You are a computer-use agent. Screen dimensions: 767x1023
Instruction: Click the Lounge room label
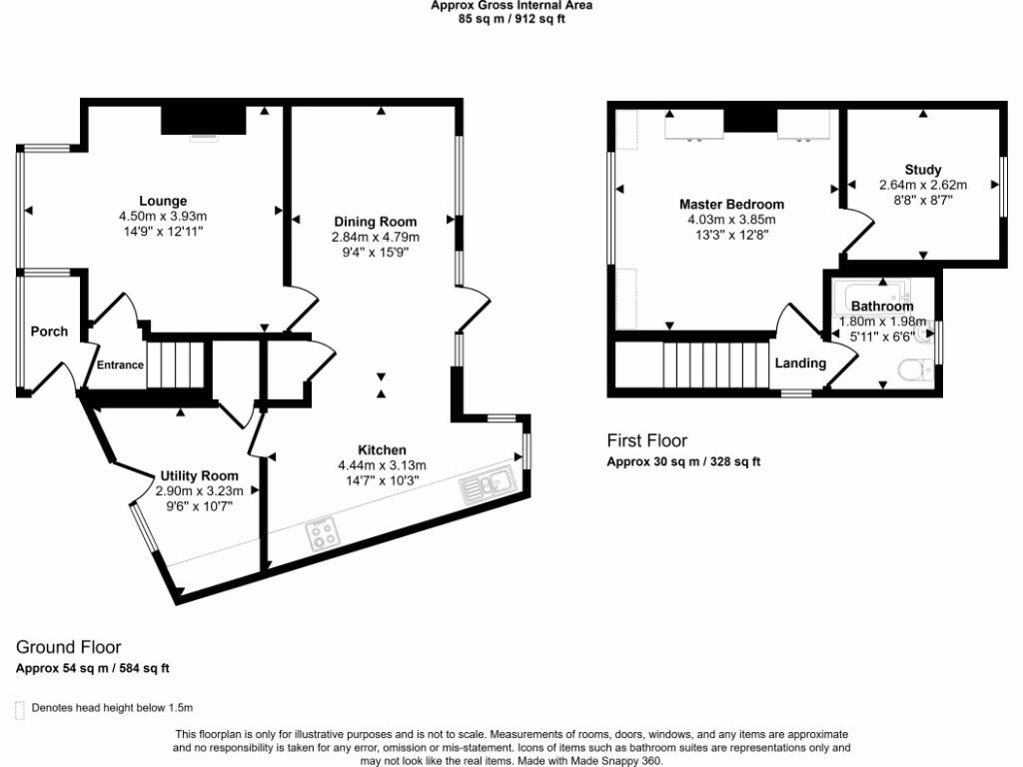[x=162, y=201]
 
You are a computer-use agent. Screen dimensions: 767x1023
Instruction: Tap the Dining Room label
[x=375, y=221]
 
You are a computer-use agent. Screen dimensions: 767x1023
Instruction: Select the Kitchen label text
[x=382, y=450]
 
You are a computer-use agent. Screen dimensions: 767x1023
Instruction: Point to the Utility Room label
[x=199, y=475]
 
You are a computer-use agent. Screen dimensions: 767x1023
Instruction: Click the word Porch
[x=49, y=332]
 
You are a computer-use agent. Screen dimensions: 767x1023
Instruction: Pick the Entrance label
[x=120, y=365]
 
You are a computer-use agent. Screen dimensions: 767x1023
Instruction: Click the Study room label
[x=923, y=170]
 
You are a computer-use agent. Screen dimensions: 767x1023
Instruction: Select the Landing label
[x=800, y=363]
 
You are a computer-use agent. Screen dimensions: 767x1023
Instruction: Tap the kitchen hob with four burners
[x=324, y=535]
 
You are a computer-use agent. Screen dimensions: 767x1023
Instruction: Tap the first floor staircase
[x=713, y=364]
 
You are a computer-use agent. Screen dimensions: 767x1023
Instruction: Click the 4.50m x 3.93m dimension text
[x=162, y=216]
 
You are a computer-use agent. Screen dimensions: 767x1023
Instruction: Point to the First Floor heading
[x=647, y=440]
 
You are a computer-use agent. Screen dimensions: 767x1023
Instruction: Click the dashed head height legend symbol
[x=20, y=709]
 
